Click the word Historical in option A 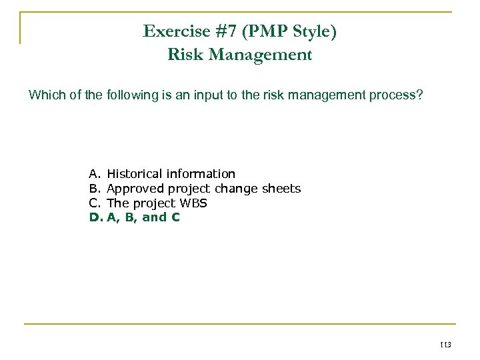click(x=134, y=174)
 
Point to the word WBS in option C click(x=192, y=203)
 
